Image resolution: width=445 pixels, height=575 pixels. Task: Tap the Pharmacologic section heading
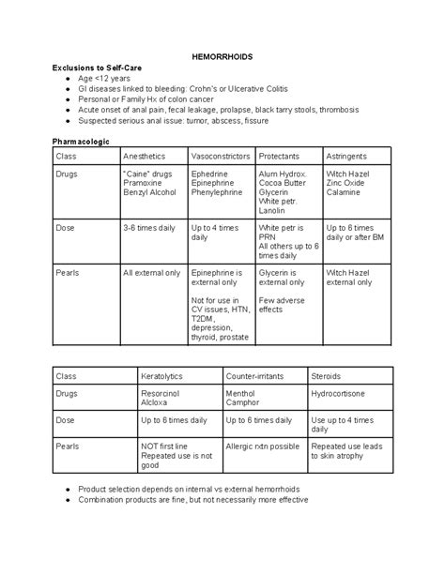click(x=81, y=140)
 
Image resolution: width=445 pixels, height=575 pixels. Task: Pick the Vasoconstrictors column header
click(x=221, y=155)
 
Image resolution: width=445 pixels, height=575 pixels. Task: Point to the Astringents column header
click(x=346, y=155)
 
